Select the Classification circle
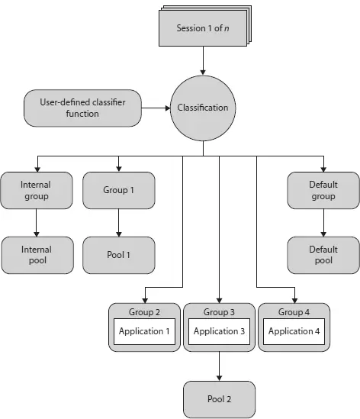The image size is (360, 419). click(x=203, y=108)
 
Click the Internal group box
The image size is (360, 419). click(x=36, y=190)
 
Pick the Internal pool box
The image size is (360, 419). click(x=36, y=255)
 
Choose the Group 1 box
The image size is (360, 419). click(x=118, y=190)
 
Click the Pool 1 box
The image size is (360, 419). click(x=118, y=255)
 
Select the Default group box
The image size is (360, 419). click(x=323, y=190)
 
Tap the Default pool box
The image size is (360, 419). click(x=323, y=255)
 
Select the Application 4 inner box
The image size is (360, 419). click(x=294, y=332)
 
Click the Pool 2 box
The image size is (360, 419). click(x=219, y=399)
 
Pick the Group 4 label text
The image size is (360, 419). click(x=294, y=311)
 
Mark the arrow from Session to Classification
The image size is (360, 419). click(x=203, y=60)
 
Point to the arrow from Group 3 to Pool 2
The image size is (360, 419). click(x=219, y=366)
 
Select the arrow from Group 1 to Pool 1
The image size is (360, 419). click(x=118, y=223)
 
